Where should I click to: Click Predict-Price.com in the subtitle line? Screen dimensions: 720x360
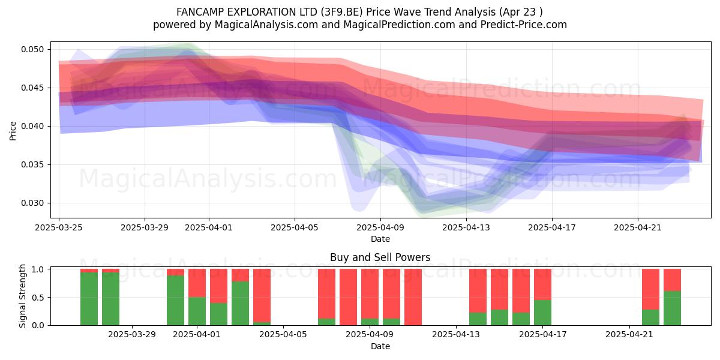tap(524, 25)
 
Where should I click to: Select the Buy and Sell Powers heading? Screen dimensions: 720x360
tap(380, 257)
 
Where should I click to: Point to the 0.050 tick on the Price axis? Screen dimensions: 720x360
tap(32, 49)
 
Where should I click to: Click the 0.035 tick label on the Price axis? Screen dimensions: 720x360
tap(32, 164)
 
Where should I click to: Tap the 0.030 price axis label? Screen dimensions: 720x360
tap(32, 203)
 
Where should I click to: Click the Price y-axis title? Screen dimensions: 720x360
tap(13, 131)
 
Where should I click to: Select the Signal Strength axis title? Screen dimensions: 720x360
tap(22, 296)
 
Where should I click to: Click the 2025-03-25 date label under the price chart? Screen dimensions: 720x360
tap(59, 227)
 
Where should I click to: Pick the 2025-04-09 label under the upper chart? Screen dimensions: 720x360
tap(380, 227)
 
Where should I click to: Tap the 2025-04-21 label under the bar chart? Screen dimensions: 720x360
tap(629, 335)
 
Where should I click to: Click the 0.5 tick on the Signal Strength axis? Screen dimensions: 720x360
tap(38, 298)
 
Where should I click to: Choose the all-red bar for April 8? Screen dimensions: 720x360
tap(349, 297)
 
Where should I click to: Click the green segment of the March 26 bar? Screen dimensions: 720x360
tap(89, 299)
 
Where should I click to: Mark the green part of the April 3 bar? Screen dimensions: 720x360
tap(241, 304)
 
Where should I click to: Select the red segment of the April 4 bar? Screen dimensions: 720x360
tap(262, 296)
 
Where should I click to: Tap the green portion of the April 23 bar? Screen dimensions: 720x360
tap(673, 308)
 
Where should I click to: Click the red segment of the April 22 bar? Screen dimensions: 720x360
tap(651, 289)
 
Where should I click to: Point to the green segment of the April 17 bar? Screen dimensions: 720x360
tap(542, 313)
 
